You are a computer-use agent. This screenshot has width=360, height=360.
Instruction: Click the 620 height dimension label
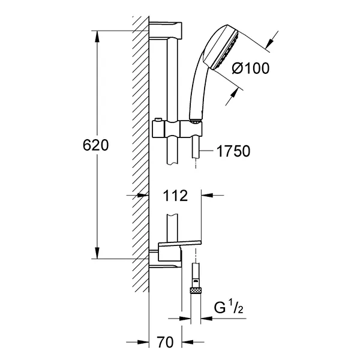point(95,145)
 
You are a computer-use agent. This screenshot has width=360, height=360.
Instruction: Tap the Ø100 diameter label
point(250,68)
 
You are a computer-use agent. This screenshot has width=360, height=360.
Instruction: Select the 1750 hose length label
point(233,151)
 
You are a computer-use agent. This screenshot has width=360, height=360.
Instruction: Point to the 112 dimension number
point(175,196)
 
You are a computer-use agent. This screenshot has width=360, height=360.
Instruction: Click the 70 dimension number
point(166,342)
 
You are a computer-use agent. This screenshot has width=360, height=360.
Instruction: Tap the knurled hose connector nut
point(195,290)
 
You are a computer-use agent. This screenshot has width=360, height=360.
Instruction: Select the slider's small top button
point(158,120)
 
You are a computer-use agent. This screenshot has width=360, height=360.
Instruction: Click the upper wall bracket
point(166,31)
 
